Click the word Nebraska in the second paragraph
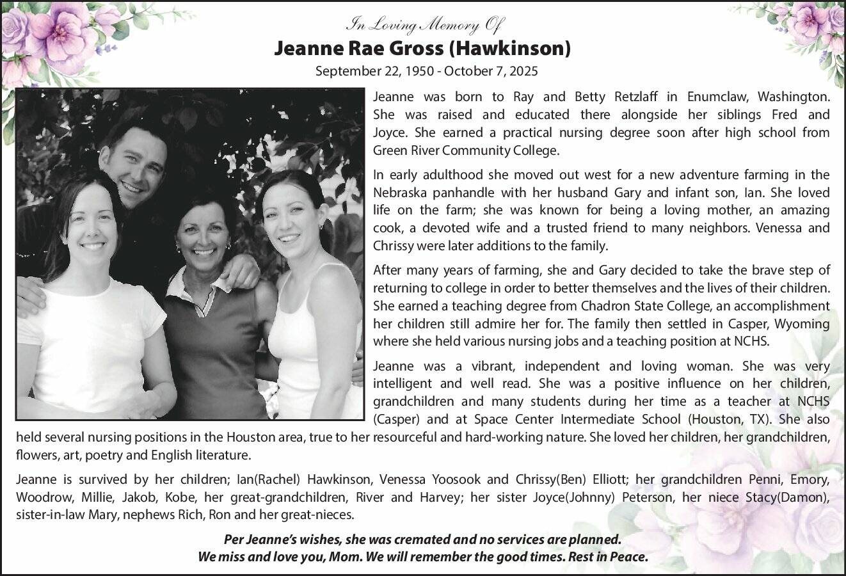point(398,193)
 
